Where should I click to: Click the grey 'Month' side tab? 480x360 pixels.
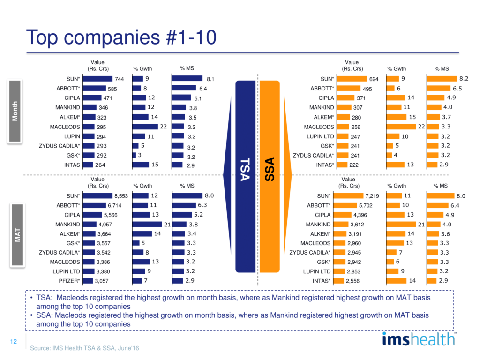15,111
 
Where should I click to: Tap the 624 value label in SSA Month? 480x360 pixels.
374,80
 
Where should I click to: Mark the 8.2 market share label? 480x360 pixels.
463,79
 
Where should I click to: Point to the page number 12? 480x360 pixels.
13,342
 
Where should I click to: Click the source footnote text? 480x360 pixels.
85,348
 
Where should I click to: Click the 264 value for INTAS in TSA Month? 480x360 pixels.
100,165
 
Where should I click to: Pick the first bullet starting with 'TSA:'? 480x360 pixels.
230,302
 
